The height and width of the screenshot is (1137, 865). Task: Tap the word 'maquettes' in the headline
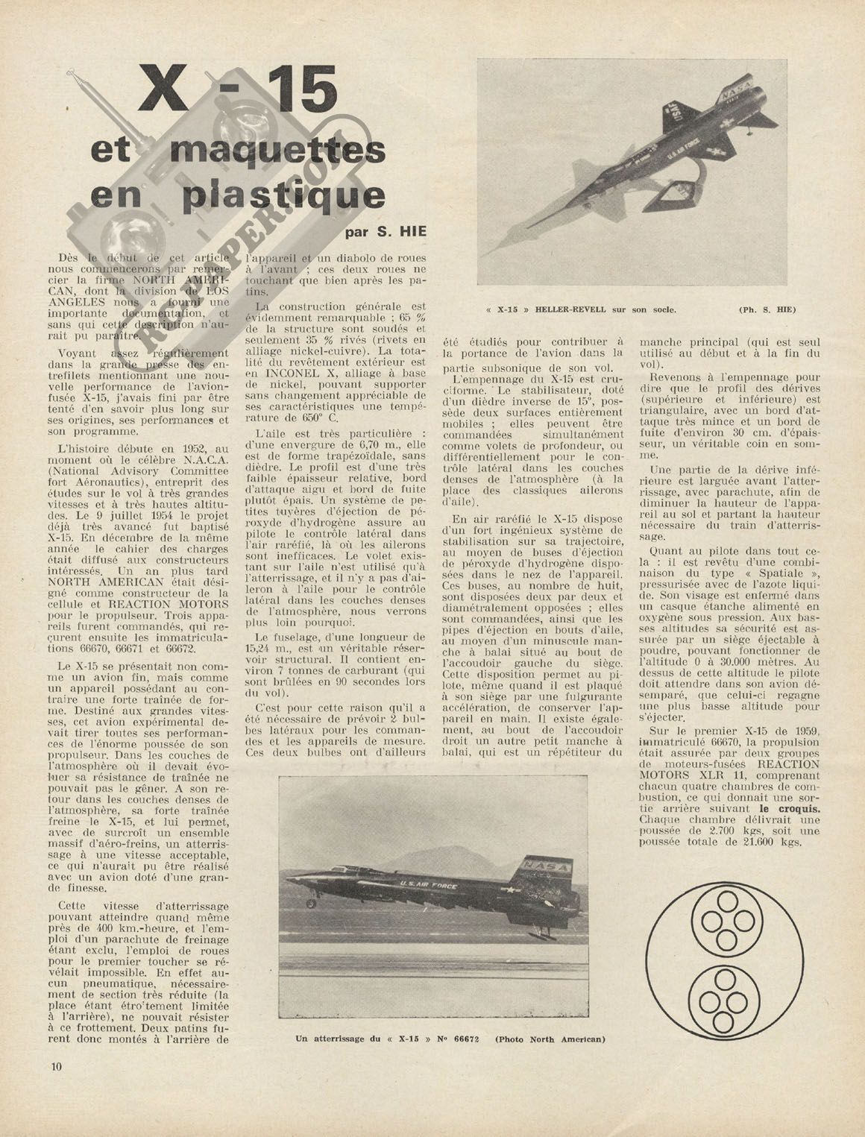click(x=277, y=151)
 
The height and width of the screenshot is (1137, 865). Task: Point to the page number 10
click(x=57, y=1065)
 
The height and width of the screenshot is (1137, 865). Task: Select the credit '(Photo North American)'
click(x=550, y=1039)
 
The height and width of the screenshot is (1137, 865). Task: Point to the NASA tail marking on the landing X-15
click(x=547, y=867)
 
